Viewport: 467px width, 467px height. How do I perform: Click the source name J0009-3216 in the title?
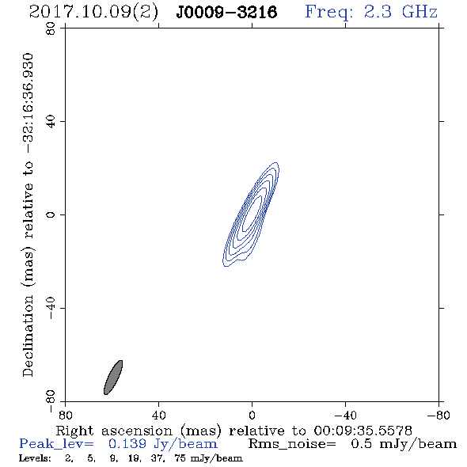tap(226, 12)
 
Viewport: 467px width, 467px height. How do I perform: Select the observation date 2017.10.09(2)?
tap(93, 13)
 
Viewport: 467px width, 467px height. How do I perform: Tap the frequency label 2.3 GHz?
tap(401, 12)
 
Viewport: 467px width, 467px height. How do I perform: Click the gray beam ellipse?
tap(113, 378)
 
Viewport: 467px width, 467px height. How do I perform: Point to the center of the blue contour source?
tap(251, 215)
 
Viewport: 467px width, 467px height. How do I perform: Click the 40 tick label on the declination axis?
tap(51, 122)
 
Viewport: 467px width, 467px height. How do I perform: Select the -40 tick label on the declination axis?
tap(51, 308)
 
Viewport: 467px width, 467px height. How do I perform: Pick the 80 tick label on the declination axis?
tap(51, 28)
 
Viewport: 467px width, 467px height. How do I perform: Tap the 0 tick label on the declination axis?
tap(51, 215)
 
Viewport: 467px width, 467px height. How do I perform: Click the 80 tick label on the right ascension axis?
tap(65, 416)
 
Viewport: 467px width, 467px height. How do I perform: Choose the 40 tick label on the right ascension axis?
tap(158, 416)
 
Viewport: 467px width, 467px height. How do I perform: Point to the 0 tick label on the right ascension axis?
tap(252, 416)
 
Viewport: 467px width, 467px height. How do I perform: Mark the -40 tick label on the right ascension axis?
tap(345, 416)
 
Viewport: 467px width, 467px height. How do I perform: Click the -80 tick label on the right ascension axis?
tap(439, 416)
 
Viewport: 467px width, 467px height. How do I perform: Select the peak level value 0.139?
tap(127, 444)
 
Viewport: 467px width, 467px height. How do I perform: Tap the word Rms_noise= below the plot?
tap(292, 444)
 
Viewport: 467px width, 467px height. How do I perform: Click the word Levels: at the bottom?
tap(35, 458)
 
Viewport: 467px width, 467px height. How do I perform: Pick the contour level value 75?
tap(180, 458)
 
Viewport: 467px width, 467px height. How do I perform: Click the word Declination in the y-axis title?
tap(28, 336)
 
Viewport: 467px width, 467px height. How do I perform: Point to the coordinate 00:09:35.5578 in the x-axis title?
tap(363, 431)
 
